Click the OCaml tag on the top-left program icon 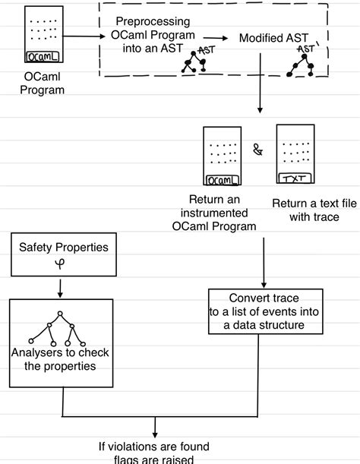click(40, 56)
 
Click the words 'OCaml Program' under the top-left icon click(43, 83)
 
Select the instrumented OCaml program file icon click(223, 156)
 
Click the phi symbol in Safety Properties click(62, 264)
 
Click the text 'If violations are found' click(153, 447)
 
